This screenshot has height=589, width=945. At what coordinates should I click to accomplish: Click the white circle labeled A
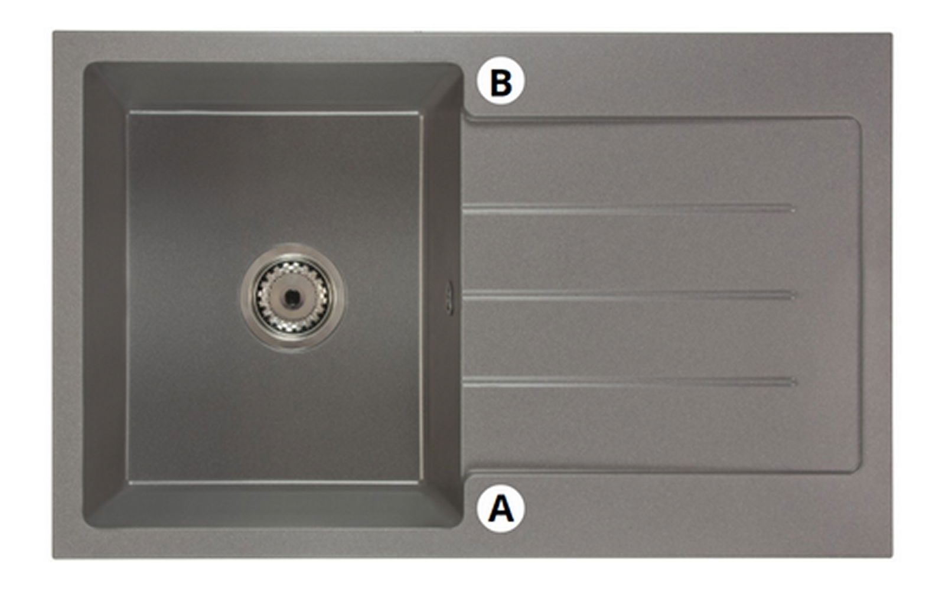(x=501, y=509)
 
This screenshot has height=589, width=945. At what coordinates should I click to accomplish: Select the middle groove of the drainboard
(x=628, y=295)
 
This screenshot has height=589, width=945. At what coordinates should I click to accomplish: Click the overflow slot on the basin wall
(x=449, y=297)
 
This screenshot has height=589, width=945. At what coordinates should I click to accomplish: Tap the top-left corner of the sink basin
(x=85, y=64)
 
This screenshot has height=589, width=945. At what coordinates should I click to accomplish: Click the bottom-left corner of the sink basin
(x=85, y=526)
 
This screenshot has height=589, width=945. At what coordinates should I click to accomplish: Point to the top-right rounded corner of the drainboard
(x=857, y=121)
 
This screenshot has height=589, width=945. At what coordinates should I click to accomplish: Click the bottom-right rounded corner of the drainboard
(x=857, y=468)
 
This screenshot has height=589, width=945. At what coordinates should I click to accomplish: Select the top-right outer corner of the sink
(x=892, y=33)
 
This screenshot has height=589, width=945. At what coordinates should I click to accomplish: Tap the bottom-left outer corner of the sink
(x=53, y=558)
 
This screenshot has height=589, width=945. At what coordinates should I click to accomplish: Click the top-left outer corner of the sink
(x=53, y=31)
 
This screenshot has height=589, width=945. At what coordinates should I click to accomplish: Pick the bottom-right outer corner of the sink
(x=892, y=557)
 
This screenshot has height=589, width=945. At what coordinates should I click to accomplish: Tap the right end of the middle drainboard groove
(x=794, y=295)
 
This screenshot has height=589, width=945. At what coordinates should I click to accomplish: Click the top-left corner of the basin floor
(x=128, y=113)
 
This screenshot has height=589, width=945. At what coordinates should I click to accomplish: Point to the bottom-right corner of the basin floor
(x=420, y=482)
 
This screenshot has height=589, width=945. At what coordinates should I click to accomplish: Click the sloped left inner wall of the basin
(x=106, y=295)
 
